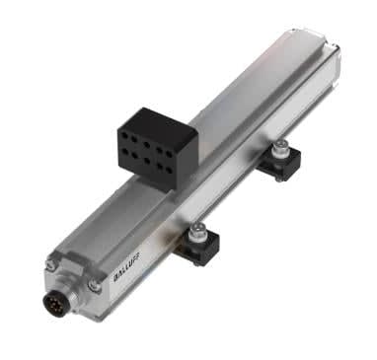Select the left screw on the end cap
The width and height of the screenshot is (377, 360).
pos(50,263)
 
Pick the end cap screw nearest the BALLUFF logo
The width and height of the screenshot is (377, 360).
pos(94,285)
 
